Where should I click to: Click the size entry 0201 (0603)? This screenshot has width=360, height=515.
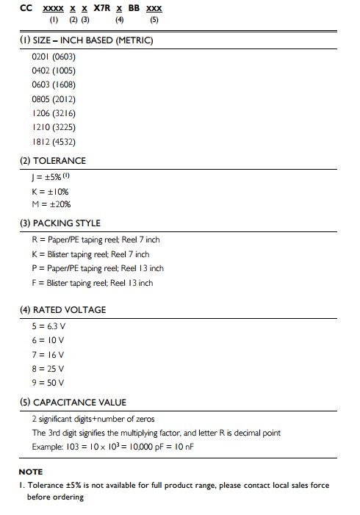(54, 57)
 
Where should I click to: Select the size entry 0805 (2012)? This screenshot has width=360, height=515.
(54, 98)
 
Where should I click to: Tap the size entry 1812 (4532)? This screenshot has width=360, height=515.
(54, 141)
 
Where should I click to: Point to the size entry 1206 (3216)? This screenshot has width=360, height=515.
(54, 113)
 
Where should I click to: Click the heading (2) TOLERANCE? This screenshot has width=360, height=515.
(53, 161)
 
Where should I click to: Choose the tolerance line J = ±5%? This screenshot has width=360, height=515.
(51, 177)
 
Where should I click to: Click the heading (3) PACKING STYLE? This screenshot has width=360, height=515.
(60, 223)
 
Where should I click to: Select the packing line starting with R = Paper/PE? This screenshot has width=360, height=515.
(96, 240)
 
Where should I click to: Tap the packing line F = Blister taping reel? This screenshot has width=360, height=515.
(93, 283)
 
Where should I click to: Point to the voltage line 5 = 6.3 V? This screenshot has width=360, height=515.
(48, 326)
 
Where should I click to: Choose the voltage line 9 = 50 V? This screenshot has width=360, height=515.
(48, 382)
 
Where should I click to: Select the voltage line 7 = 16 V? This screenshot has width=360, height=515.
(48, 354)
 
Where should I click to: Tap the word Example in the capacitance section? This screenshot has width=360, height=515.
(47, 447)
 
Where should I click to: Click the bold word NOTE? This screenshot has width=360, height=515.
(31, 472)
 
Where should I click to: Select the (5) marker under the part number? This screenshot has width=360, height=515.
(154, 20)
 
